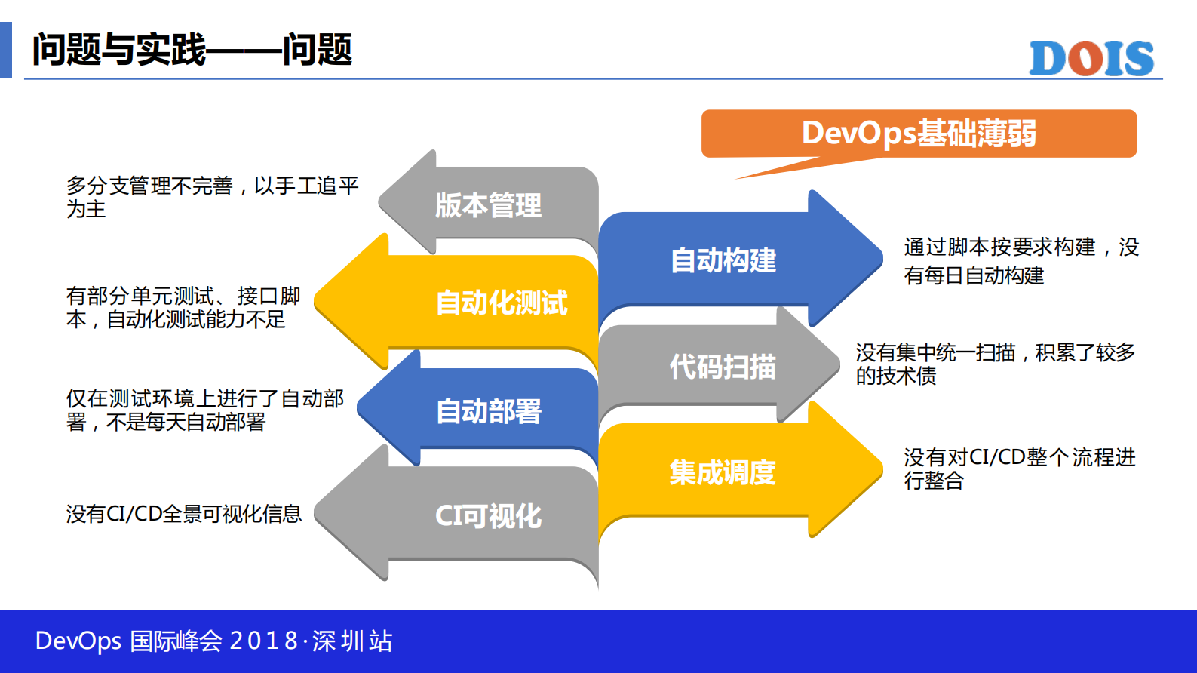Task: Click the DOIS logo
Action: click(1091, 58)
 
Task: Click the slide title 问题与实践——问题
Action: click(192, 50)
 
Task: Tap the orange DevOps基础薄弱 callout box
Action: click(918, 134)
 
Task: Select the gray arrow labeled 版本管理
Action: click(489, 204)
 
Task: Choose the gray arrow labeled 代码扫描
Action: click(723, 367)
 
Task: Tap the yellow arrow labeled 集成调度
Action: click(723, 472)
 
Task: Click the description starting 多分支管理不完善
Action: click(212, 196)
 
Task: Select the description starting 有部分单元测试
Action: click(183, 307)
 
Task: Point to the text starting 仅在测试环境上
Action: click(204, 410)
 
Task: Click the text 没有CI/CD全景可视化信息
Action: click(183, 514)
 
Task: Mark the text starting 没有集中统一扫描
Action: click(995, 364)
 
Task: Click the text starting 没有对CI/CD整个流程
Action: click(1019, 469)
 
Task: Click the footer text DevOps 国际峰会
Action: click(129, 641)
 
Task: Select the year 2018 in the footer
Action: click(263, 641)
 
